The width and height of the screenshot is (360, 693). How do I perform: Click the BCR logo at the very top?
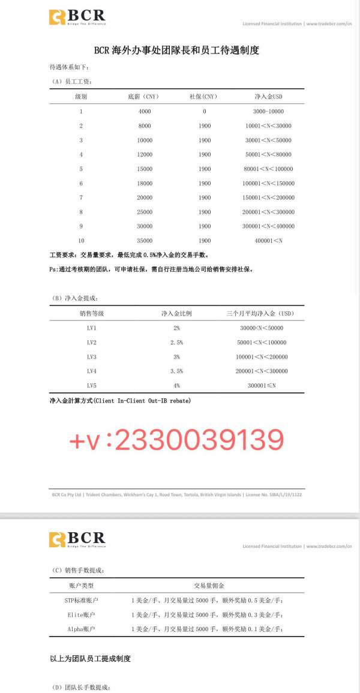(x=77, y=17)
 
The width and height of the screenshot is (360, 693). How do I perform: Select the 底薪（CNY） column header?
(x=142, y=97)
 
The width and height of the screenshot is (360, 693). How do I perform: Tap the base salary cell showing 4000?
(x=145, y=112)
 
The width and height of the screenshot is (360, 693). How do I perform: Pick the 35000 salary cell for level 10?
(x=145, y=241)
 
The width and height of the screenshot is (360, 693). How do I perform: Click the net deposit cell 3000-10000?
(x=268, y=112)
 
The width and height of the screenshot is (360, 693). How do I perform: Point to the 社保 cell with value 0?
(x=204, y=112)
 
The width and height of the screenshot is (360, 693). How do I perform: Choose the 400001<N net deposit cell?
(x=268, y=241)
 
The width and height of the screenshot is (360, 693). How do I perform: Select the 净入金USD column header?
(x=268, y=97)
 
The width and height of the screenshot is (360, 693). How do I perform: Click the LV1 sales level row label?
(x=92, y=328)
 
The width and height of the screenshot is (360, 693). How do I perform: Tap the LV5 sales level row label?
(x=92, y=385)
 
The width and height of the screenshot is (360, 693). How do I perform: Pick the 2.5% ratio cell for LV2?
(x=176, y=343)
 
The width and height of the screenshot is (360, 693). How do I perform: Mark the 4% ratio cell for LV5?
(x=176, y=385)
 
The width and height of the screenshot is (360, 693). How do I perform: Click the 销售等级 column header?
(x=92, y=313)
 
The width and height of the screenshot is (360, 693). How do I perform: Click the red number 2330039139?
(x=198, y=440)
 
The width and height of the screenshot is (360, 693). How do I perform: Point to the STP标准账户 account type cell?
(x=82, y=600)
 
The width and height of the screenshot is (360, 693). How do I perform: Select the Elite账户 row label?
(x=82, y=614)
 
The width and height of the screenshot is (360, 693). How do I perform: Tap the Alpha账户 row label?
(x=82, y=629)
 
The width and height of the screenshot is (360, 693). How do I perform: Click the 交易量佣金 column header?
(x=209, y=586)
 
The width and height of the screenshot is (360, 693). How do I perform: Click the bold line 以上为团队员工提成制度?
(x=90, y=658)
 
